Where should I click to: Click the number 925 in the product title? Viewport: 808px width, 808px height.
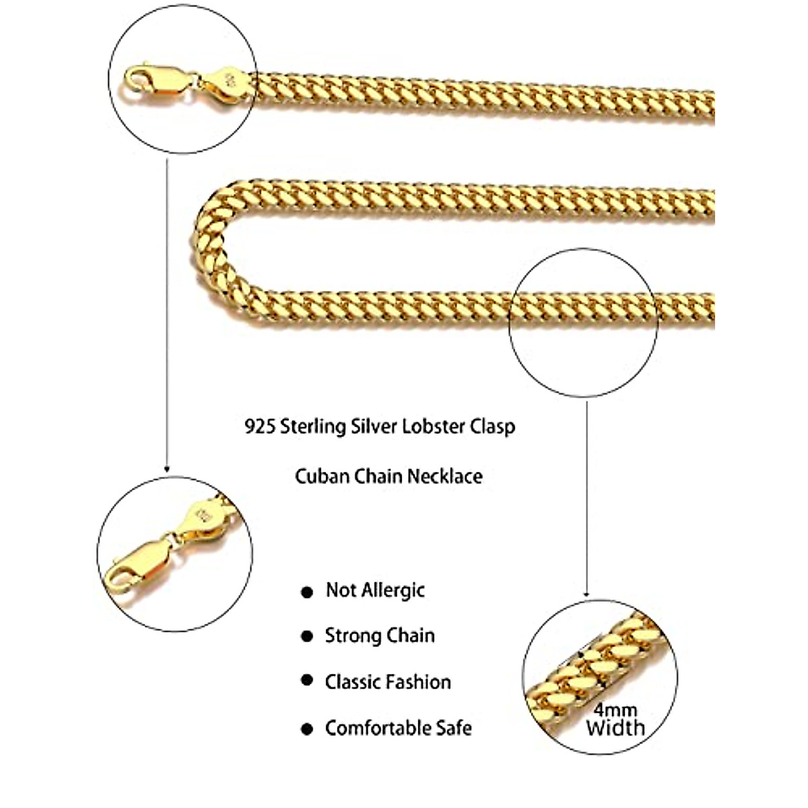tap(260, 427)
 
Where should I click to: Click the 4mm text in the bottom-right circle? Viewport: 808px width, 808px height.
tap(615, 710)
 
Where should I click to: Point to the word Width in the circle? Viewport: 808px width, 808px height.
tap(615, 727)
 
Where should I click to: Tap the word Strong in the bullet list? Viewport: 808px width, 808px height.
tap(350, 636)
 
